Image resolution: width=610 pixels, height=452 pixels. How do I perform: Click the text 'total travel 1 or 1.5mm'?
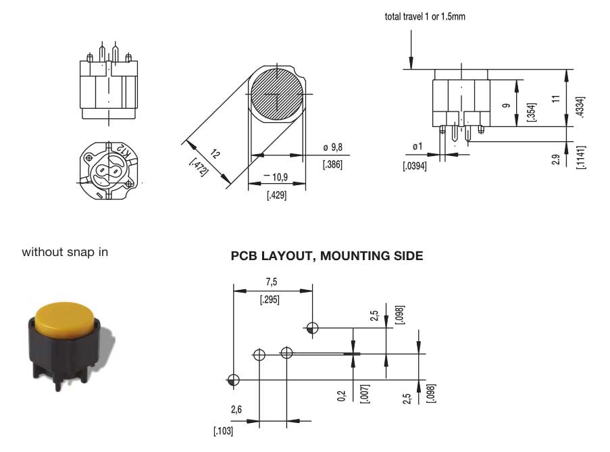[x=425, y=17]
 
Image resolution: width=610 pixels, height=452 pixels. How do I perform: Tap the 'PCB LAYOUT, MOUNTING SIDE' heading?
[x=327, y=255]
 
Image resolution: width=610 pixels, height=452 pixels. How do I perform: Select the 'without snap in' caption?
[x=65, y=252]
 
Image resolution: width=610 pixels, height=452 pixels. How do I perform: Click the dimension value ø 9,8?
[x=333, y=147]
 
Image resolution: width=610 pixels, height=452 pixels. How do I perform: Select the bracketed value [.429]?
[x=277, y=195]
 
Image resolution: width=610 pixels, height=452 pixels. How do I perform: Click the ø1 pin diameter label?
[x=417, y=147]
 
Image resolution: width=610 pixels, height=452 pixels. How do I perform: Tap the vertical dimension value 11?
[x=556, y=98]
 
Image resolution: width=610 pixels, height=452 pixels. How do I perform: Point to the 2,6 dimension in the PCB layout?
[x=237, y=409]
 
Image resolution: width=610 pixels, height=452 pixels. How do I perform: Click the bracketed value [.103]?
[x=224, y=430]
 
